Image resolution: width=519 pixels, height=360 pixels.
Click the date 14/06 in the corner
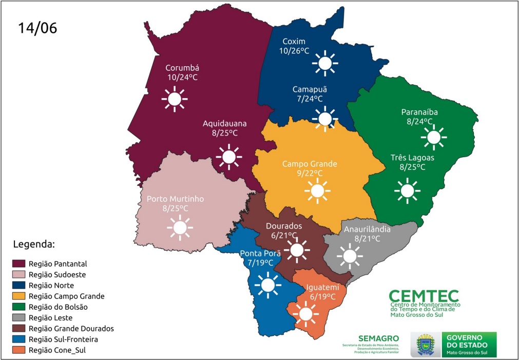click(37, 28)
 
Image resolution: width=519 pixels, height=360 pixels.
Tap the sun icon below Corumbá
click(175, 99)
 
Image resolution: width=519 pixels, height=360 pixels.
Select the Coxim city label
click(294, 42)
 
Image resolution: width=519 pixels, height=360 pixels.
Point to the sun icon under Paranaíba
click(434, 137)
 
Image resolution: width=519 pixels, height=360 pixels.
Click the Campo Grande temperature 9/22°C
click(309, 174)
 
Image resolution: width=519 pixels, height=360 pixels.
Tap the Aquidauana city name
click(224, 124)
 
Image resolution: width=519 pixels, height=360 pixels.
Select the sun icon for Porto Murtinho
click(180, 228)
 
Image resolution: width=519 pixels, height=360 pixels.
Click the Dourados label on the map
click(284, 226)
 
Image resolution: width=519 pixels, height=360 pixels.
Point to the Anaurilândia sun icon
click(350, 255)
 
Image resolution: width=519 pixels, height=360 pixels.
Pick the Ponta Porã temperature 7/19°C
click(261, 262)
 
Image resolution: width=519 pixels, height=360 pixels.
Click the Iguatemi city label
click(322, 287)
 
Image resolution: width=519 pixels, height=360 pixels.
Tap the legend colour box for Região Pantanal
click(18, 263)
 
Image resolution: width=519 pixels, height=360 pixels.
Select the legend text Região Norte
click(51, 285)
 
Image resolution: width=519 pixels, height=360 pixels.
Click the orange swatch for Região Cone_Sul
click(18, 350)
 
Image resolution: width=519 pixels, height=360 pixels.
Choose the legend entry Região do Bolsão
click(58, 307)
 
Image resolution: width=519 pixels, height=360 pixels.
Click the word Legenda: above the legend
click(33, 243)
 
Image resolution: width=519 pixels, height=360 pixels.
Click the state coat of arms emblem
click(426, 344)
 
